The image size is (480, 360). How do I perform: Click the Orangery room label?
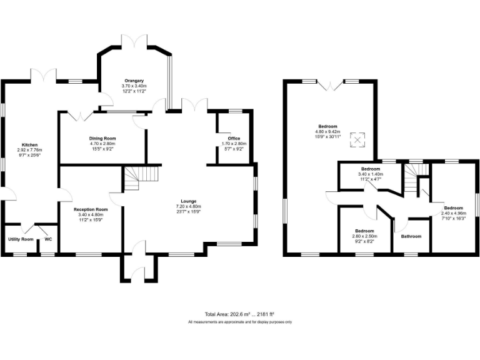coord(134,81)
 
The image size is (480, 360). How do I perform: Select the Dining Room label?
coord(102,138)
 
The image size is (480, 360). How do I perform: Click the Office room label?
coord(234,138)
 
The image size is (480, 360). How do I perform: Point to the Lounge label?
coord(188,201)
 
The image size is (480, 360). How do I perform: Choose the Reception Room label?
coord(91,209)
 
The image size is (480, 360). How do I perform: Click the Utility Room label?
coord(21,239)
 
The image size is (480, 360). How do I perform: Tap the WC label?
coord(47,239)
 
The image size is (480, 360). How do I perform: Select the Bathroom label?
coord(411,236)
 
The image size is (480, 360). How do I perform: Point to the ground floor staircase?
coord(133,179)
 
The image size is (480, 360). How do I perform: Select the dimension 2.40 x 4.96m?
coord(454,213)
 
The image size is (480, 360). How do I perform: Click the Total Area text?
coord(239,314)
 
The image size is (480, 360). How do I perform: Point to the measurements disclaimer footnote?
coord(240,322)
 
